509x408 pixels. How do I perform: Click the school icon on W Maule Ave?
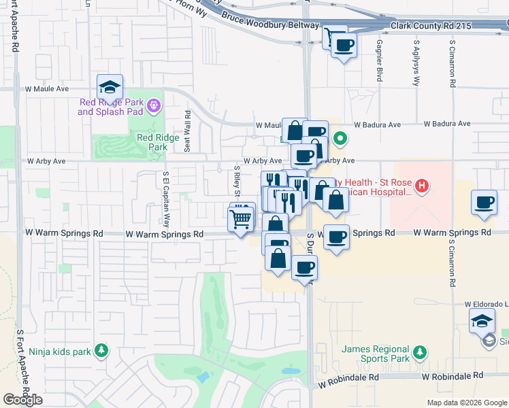pyautogui.click(x=110, y=87)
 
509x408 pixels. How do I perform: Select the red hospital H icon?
pyautogui.click(x=422, y=185)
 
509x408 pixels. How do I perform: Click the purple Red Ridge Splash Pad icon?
pyautogui.click(x=154, y=105)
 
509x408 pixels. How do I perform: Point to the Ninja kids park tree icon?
pyautogui.click(x=101, y=350)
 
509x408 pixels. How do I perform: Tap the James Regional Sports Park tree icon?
pyautogui.click(x=421, y=352)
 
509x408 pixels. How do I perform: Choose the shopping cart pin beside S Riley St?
pyautogui.click(x=240, y=219)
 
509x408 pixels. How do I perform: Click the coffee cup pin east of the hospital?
pyautogui.click(x=484, y=202)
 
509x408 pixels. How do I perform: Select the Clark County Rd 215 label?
pyautogui.click(x=430, y=25)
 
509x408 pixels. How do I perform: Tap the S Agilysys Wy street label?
pyautogui.click(x=416, y=62)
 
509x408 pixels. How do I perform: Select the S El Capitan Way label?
pyautogui.click(x=165, y=199)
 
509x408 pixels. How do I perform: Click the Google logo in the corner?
pyautogui.click(x=22, y=399)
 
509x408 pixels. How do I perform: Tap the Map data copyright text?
pyautogui.click(x=466, y=403)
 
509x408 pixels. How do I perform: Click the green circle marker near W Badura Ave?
pyautogui.click(x=342, y=140)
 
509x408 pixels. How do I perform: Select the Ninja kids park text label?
pyautogui.click(x=60, y=352)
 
